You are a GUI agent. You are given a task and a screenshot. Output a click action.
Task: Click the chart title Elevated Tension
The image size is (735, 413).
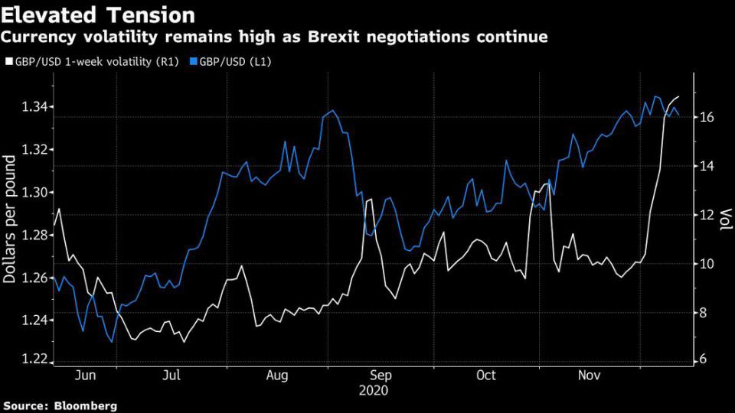99,15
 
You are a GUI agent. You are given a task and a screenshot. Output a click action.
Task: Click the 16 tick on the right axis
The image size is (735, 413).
707,117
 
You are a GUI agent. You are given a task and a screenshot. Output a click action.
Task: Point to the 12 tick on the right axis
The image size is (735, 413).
707,215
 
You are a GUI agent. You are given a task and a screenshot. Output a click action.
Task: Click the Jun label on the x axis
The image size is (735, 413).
87,376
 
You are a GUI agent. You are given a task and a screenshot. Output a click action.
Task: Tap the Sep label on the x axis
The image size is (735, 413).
381,376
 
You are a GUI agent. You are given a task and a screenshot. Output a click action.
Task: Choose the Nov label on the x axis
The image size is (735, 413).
588,376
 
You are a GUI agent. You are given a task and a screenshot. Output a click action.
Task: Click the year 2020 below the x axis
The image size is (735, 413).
374,390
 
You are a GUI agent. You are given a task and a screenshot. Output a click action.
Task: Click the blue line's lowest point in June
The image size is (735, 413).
112,341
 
